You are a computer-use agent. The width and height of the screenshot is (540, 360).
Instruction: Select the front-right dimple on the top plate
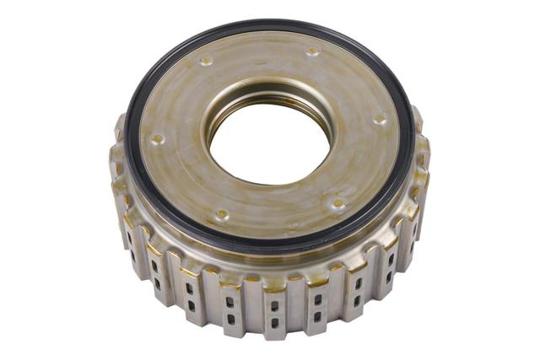coord(338,203)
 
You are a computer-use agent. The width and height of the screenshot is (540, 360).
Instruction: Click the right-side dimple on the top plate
coord(380,119)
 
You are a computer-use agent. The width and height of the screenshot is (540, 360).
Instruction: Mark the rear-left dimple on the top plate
coord(205,61)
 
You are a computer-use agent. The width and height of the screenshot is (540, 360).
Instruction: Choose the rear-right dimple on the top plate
coord(313,51)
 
